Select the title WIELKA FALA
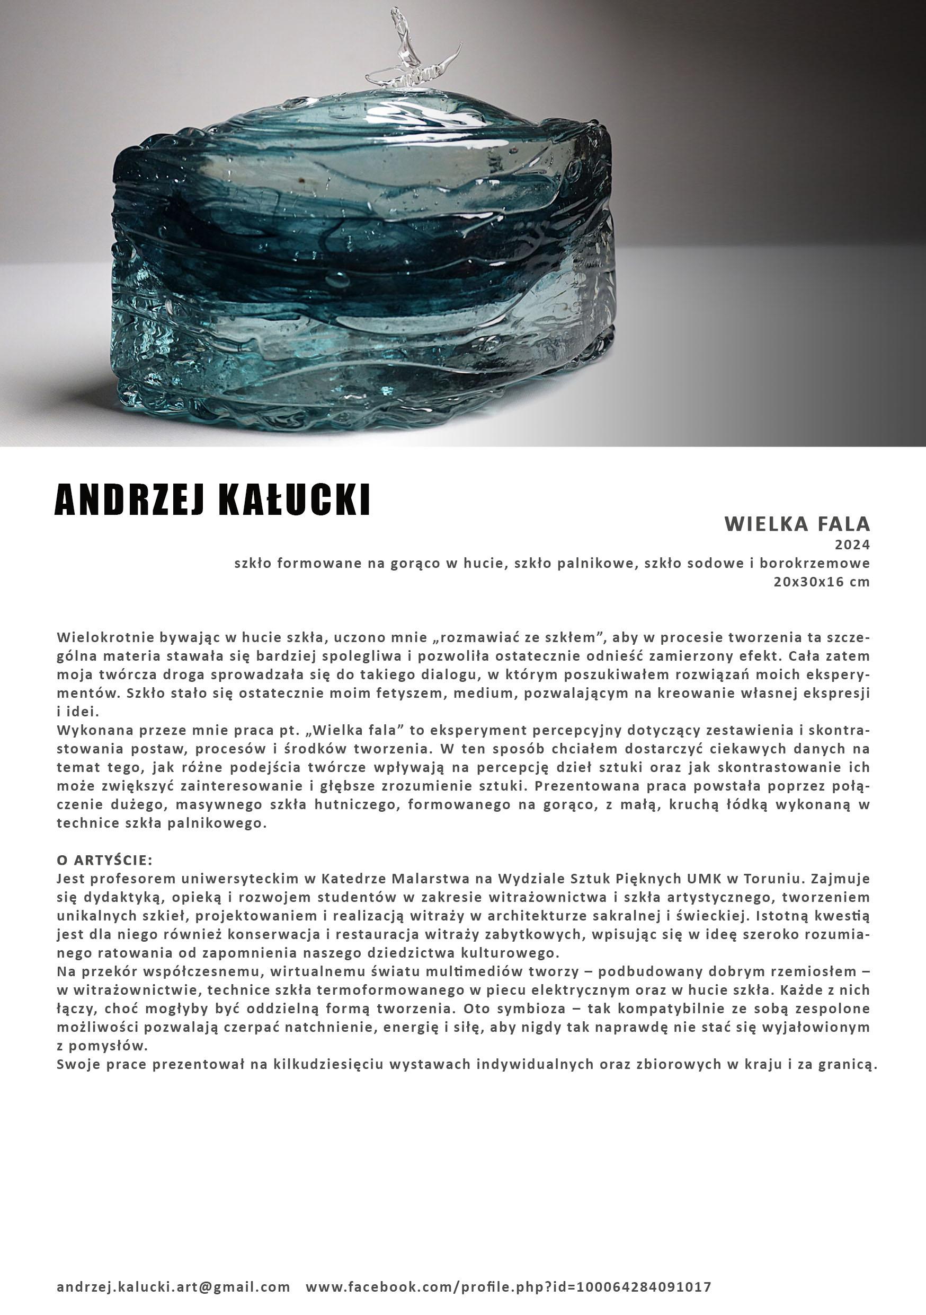point(797,523)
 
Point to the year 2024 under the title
point(852,544)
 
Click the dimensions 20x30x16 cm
point(821,582)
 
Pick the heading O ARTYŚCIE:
point(105,860)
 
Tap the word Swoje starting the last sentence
point(76,1064)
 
